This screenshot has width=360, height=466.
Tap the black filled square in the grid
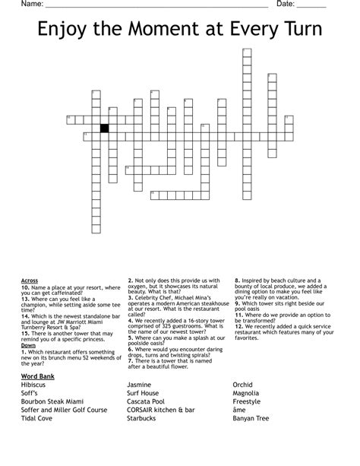pos(105,127)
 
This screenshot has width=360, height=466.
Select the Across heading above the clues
pos(30,281)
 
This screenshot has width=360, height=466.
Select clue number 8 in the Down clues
pos(236,281)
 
